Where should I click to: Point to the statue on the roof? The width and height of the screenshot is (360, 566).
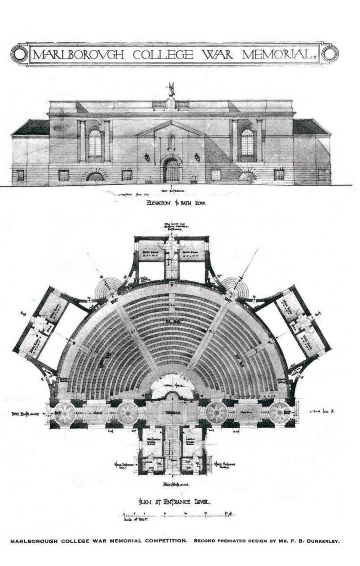(x=171, y=89)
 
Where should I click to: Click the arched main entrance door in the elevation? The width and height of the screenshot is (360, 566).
(x=171, y=171)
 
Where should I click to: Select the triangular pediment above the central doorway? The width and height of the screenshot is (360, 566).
(x=171, y=128)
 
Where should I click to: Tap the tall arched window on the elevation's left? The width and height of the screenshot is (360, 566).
(x=95, y=142)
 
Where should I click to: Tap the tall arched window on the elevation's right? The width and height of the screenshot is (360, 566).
(x=247, y=142)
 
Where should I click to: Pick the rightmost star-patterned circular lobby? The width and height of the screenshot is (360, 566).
(x=281, y=412)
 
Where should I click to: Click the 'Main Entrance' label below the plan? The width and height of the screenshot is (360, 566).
(x=175, y=485)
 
